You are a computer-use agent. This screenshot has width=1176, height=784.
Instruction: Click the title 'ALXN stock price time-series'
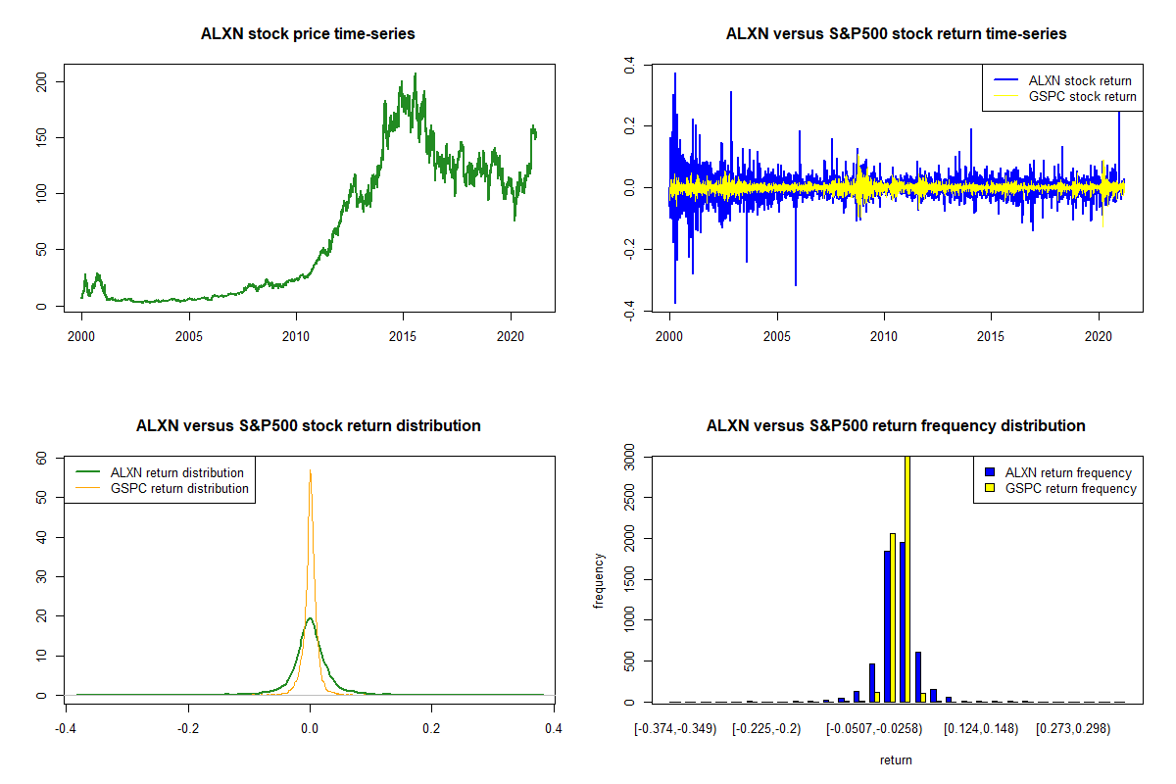coord(308,34)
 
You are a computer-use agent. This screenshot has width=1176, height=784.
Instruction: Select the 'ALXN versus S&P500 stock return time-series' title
coord(896,34)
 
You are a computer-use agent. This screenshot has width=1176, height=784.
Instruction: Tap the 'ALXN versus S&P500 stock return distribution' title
coord(308,426)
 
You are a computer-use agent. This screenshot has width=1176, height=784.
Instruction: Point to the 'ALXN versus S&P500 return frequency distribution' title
coord(896,426)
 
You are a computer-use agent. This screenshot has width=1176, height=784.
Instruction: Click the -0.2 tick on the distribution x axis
coord(188,728)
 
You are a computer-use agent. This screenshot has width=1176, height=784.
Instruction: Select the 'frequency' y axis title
coord(599,581)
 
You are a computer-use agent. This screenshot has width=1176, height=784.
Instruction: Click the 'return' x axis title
coord(896,759)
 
